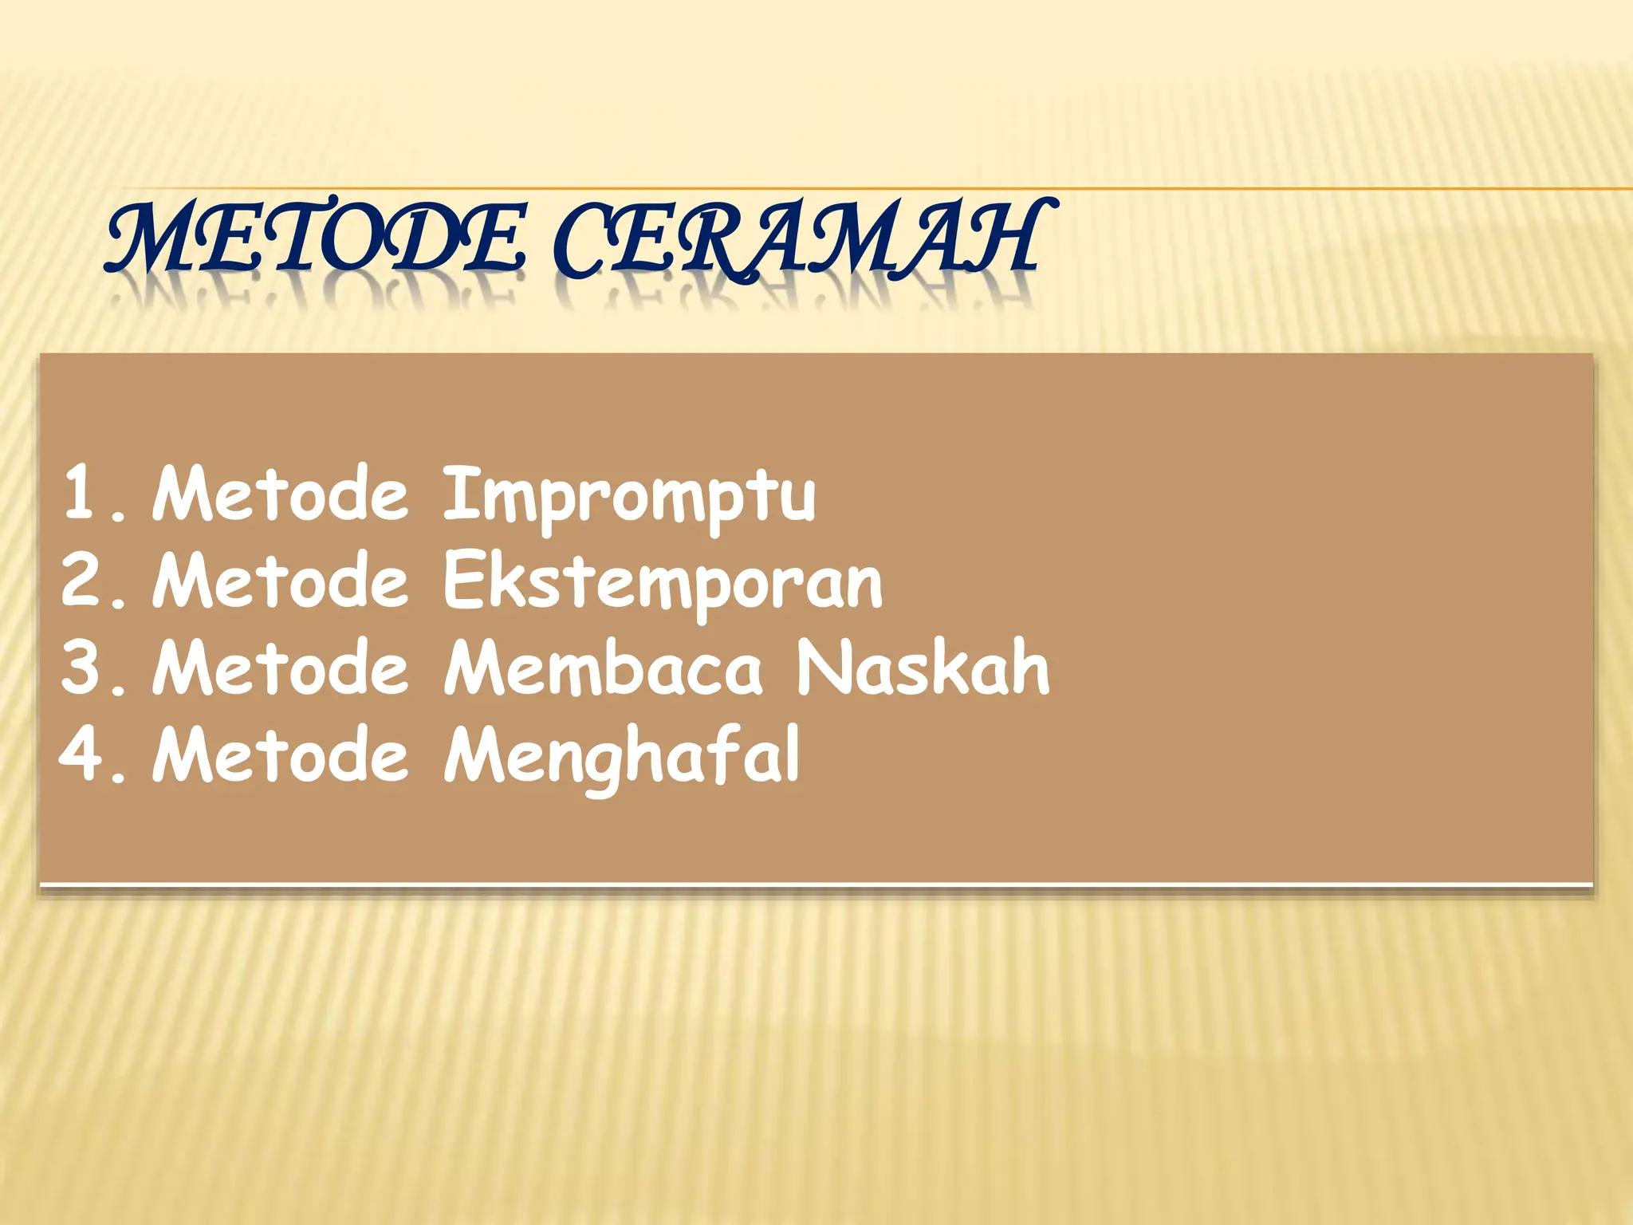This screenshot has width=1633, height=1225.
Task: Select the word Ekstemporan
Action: click(663, 582)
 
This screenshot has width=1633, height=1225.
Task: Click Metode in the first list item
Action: click(280, 494)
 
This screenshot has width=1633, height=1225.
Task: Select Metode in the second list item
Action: click(280, 582)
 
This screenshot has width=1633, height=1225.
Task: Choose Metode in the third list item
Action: click(280, 668)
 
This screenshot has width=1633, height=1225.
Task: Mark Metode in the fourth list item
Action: click(280, 754)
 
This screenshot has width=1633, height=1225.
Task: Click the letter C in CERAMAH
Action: click(588, 239)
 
